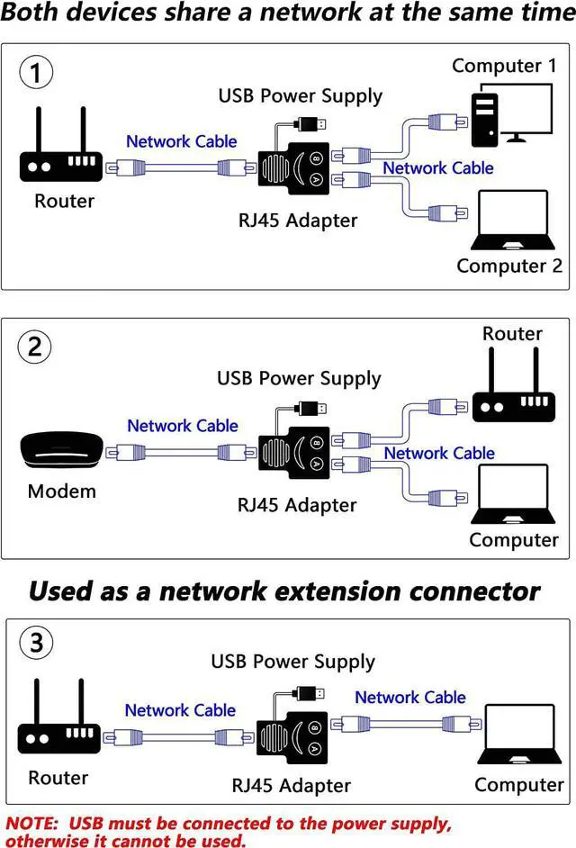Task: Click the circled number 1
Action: tap(36, 73)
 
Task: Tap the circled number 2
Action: tap(35, 347)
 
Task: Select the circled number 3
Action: tap(35, 643)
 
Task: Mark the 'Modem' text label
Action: tap(62, 492)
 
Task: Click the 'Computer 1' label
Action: tap(504, 66)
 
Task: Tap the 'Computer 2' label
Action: tap(508, 266)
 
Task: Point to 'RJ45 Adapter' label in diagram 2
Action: tap(297, 505)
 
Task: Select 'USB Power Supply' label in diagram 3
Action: tap(292, 662)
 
